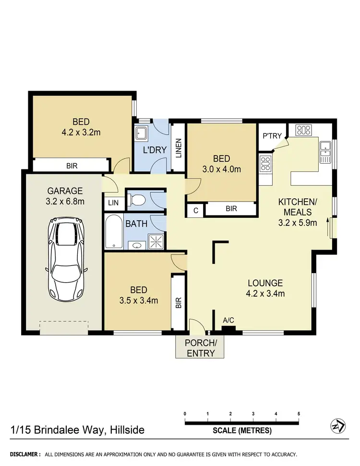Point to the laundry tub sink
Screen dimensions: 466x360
tap(142, 133)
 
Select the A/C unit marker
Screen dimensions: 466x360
tap(228, 329)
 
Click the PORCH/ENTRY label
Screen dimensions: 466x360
tap(201, 348)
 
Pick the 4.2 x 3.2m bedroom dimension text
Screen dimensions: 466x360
tap(81, 131)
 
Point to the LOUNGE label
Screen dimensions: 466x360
tap(265, 283)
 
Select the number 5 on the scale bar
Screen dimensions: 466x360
tap(299, 414)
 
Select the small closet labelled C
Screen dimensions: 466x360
tap(196, 210)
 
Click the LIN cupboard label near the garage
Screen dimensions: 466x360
tap(113, 203)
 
